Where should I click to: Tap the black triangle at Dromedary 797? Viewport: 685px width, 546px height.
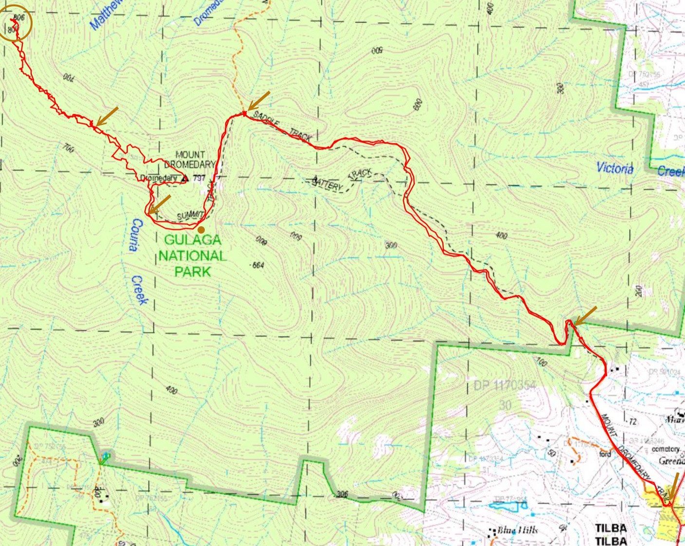point(184,179)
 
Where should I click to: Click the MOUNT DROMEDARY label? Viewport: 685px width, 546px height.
point(190,159)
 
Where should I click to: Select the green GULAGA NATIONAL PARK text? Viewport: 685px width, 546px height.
point(192,255)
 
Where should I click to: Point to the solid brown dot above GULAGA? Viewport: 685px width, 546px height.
point(200,229)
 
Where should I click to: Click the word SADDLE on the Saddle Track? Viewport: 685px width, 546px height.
point(266,120)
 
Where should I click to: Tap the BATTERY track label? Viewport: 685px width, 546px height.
point(328,184)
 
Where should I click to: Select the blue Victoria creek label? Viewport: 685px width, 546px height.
point(615,168)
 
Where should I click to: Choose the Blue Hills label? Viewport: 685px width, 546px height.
point(517,530)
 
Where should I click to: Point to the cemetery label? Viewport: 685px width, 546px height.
point(665,449)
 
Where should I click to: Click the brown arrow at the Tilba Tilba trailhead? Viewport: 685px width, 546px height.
point(672,487)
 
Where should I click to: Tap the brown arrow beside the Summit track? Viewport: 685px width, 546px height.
point(160,204)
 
